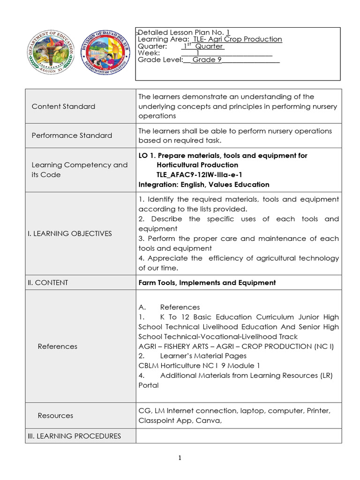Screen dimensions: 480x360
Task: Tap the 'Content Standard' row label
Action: [x=63, y=106]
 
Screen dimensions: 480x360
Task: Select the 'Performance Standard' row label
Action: [x=72, y=135]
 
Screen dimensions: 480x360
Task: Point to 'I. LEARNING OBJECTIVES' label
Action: [x=72, y=233]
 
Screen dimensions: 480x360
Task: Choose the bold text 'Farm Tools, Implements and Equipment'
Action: [x=207, y=283]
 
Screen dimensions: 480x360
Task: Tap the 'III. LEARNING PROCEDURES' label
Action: [x=74, y=436]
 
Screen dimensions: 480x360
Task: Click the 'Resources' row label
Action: [x=55, y=415]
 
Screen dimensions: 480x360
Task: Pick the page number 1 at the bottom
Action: [x=180, y=458]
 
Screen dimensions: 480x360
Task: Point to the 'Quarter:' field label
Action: [x=152, y=46]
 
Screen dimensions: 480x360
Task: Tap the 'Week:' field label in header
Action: [x=149, y=53]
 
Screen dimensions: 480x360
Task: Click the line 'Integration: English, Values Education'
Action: [x=204, y=185]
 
